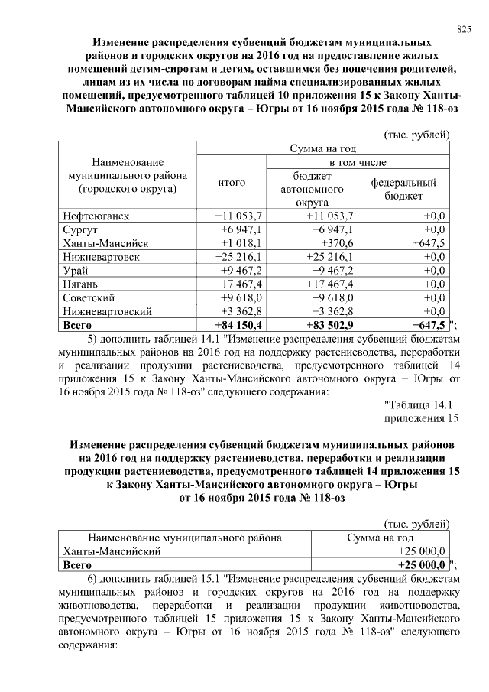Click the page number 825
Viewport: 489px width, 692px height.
(463, 29)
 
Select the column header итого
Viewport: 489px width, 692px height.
(231, 183)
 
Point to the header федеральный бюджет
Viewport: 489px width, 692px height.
(403, 189)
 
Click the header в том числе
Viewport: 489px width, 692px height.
(358, 163)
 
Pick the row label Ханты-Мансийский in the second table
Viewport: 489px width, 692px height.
(111, 551)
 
